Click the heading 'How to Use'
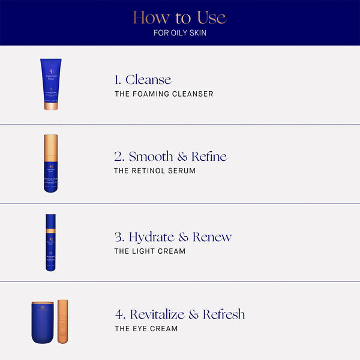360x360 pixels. pyautogui.click(x=179, y=17)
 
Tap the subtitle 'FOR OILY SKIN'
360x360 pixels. pyautogui.click(x=179, y=32)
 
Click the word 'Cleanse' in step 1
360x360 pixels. pyautogui.click(x=148, y=80)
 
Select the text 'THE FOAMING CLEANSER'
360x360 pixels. pyautogui.click(x=164, y=94)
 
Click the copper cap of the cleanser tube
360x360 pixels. pyautogui.click(x=50, y=106)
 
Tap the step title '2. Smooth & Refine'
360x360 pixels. pyautogui.click(x=170, y=157)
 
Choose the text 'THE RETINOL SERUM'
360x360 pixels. pyautogui.click(x=154, y=171)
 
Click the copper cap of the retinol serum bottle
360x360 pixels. pyautogui.click(x=50, y=148)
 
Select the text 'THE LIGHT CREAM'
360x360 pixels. pyautogui.click(x=149, y=251)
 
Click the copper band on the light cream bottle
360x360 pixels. pyautogui.click(x=50, y=231)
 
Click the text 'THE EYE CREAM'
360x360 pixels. pyautogui.click(x=146, y=329)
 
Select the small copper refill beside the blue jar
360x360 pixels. pyautogui.click(x=63, y=323)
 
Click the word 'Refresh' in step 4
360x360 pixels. pyautogui.click(x=224, y=314)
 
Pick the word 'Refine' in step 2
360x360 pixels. pyautogui.click(x=209, y=157)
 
